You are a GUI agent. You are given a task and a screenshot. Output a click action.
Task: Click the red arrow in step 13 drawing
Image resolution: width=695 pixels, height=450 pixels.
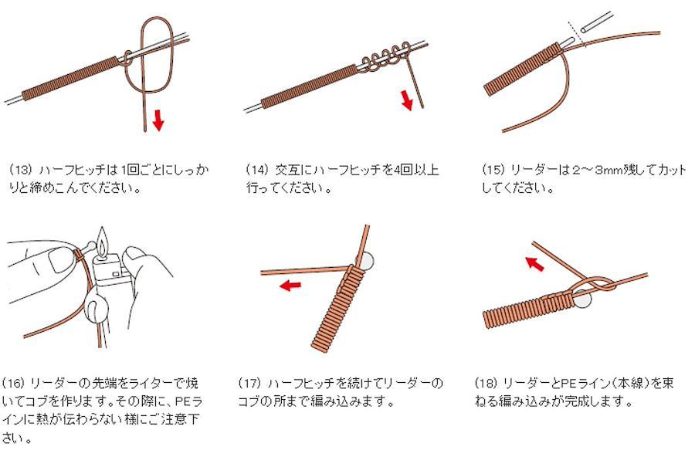[158, 120]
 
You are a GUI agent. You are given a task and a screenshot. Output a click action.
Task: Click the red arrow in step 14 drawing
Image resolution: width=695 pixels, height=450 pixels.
[407, 100]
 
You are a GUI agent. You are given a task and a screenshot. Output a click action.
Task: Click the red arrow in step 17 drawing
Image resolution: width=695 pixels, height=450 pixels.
[290, 286]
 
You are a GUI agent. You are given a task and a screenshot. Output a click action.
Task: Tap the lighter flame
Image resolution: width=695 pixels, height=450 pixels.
[103, 241]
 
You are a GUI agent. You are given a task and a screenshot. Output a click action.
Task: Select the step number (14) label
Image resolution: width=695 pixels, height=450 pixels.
[257, 170]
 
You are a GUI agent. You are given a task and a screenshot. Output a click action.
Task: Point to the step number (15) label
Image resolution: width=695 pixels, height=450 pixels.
[493, 170]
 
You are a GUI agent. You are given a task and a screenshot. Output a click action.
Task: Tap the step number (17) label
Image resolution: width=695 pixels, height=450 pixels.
[250, 383]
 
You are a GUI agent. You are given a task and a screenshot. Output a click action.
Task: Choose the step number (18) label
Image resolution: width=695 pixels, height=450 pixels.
[486, 383]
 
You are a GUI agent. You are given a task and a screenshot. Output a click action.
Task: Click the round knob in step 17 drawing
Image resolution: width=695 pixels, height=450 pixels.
[367, 262]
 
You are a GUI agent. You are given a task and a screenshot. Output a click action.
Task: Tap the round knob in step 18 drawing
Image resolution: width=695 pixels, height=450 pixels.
[582, 299]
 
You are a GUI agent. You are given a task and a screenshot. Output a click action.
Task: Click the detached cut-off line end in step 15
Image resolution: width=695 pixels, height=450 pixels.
[597, 22]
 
